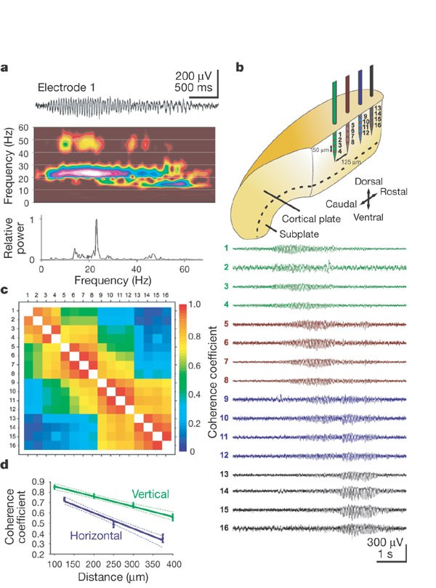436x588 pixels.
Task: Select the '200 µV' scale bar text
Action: [196, 76]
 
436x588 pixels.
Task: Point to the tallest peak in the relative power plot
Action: [97, 222]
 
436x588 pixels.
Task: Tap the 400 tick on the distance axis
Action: [172, 564]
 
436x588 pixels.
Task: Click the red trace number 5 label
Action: [227, 324]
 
